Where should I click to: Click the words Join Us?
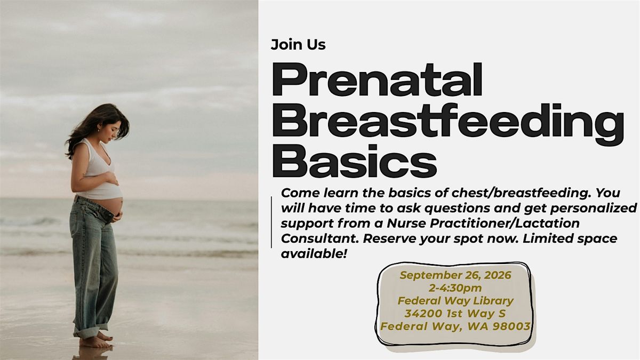298,45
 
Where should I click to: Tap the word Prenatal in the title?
378,79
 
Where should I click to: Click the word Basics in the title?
355,161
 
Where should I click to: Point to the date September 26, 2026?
455,275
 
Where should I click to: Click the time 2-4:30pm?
455,288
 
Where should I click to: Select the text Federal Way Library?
455,301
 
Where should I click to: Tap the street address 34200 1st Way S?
455,314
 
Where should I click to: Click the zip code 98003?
511,326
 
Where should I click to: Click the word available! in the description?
314,253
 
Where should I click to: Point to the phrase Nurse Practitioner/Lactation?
483,223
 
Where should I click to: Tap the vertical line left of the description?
271,222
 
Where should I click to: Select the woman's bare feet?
96,340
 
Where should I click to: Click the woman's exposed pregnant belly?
113,205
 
